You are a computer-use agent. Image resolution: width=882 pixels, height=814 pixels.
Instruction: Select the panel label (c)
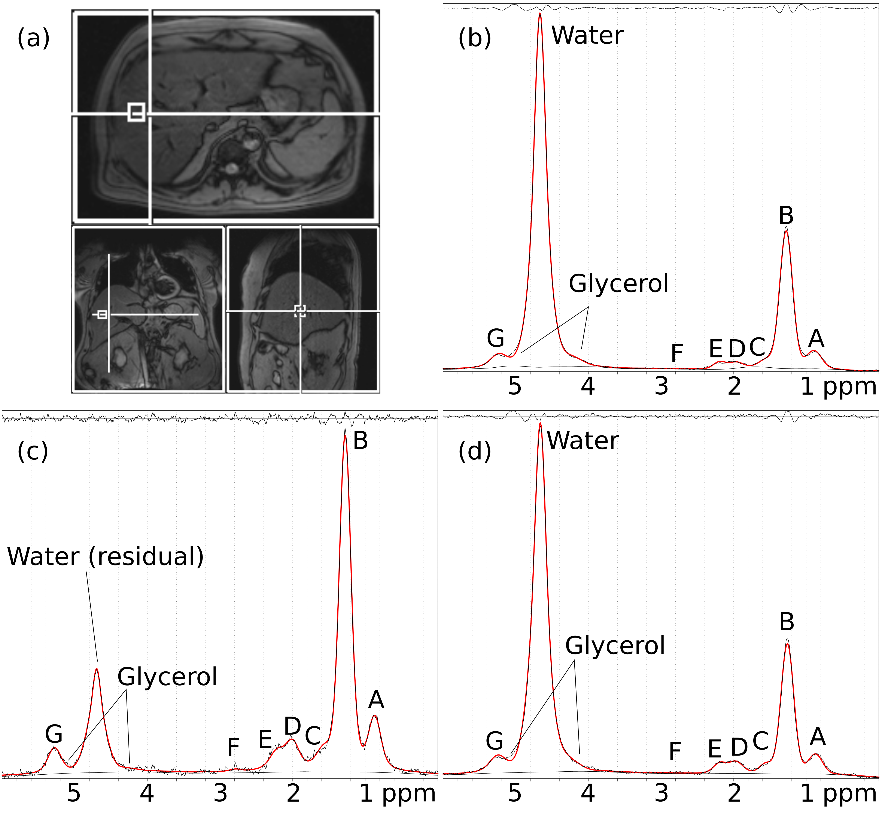[33, 452]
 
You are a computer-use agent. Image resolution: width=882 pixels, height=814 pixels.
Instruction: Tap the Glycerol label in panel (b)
[618, 284]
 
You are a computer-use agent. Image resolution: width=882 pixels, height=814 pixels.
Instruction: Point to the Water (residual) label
[106, 557]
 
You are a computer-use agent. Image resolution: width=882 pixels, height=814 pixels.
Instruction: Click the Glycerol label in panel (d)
[615, 646]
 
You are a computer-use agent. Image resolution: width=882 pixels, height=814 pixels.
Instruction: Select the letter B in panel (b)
[786, 216]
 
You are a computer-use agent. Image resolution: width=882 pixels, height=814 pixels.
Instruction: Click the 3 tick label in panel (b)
[661, 386]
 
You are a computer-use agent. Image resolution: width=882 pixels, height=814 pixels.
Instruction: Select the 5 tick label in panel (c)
[74, 793]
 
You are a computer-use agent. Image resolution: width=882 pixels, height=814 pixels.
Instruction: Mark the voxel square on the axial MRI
[136, 112]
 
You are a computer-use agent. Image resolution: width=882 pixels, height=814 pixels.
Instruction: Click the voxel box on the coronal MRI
[102, 314]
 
